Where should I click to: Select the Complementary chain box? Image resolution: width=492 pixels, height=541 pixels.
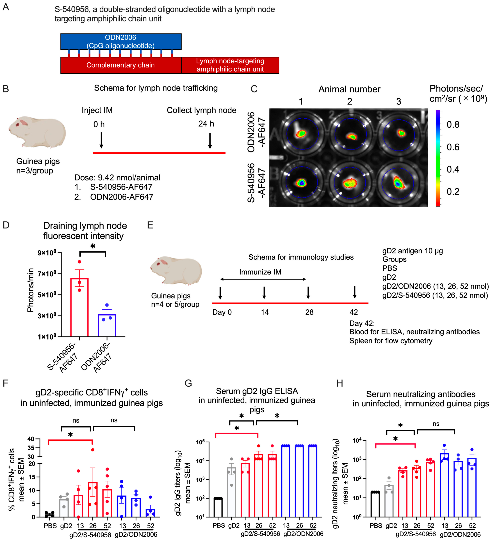[121, 65]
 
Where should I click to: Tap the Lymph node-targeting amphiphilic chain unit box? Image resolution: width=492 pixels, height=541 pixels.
[230, 65]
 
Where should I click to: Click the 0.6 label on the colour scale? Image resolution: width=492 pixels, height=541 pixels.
[453, 147]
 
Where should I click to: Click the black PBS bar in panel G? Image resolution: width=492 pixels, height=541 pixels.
[218, 507]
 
